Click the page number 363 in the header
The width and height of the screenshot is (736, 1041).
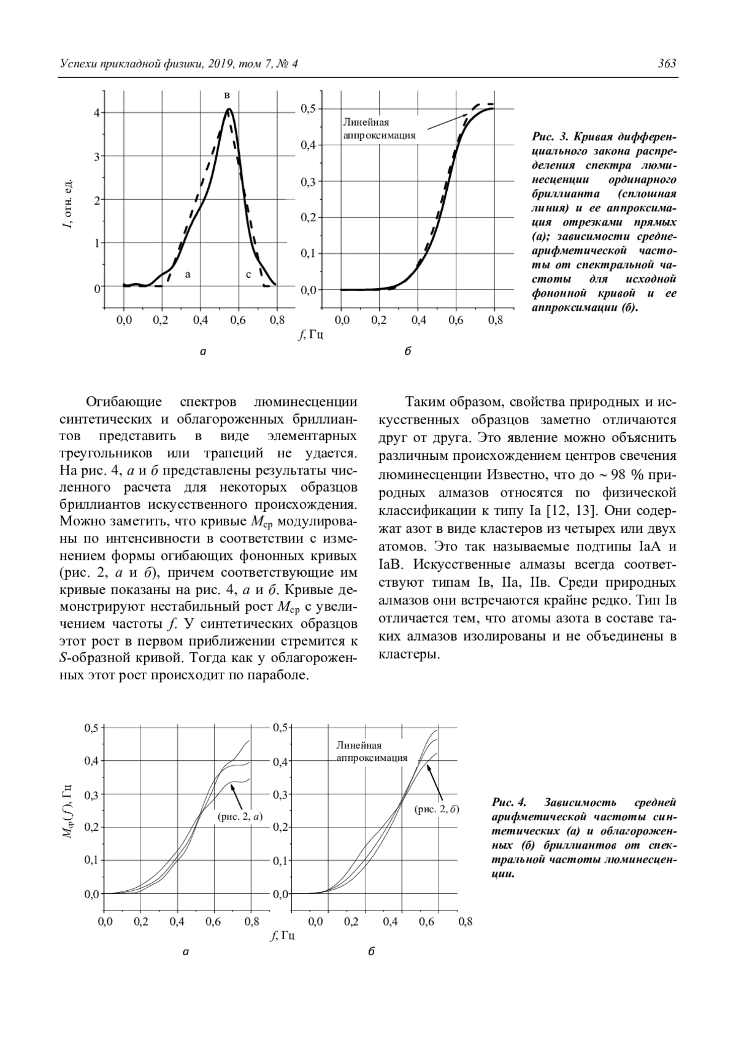pyautogui.click(x=666, y=64)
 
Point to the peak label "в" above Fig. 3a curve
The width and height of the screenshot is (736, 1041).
pyautogui.click(x=228, y=96)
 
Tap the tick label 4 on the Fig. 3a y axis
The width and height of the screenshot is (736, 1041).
pyautogui.click(x=96, y=113)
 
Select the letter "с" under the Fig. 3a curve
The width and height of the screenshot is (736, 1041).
pyautogui.click(x=248, y=275)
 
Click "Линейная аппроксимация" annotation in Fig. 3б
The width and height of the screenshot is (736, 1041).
pyautogui.click(x=379, y=129)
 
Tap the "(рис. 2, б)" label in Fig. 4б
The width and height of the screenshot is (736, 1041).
pyautogui.click(x=437, y=809)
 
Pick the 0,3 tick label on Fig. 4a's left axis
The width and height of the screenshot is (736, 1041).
pyautogui.click(x=91, y=795)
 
